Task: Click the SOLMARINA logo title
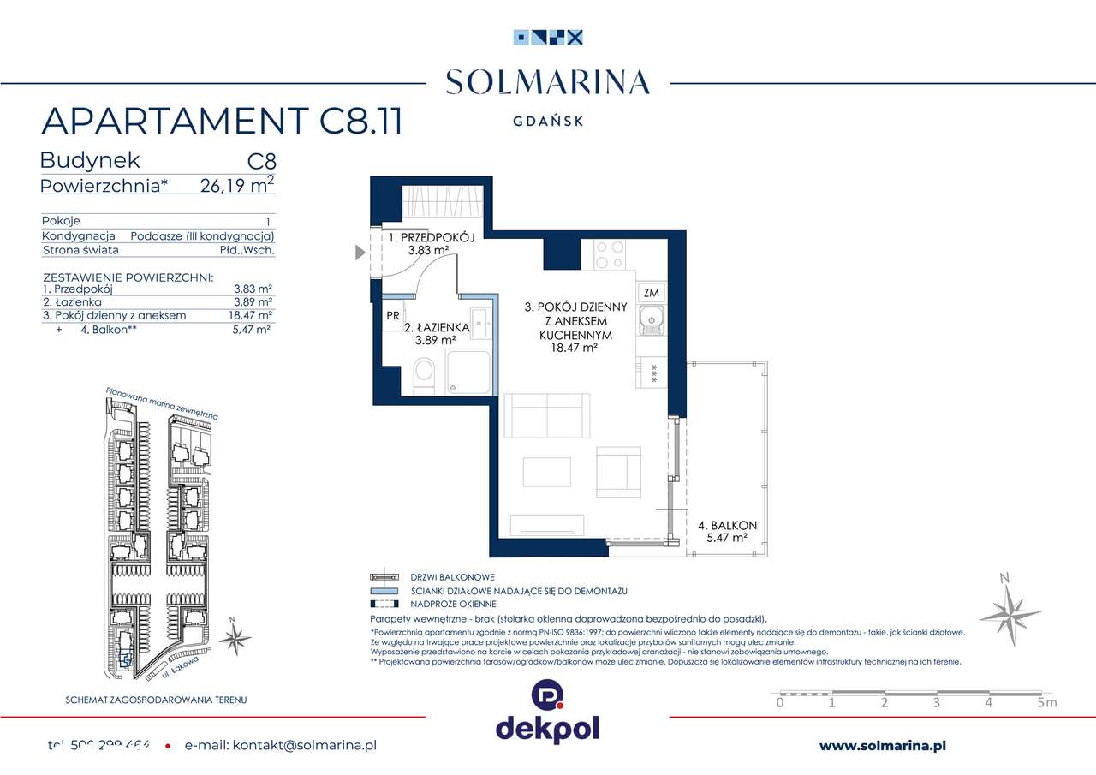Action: [548, 83]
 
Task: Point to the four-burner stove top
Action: [609, 253]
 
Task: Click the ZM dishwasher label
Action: [650, 293]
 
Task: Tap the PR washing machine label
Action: [393, 314]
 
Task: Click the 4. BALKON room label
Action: [727, 525]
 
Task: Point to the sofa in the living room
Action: [545, 415]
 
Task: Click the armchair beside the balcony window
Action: [619, 472]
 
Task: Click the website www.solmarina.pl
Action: [882, 746]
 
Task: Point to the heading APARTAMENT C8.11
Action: [222, 122]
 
